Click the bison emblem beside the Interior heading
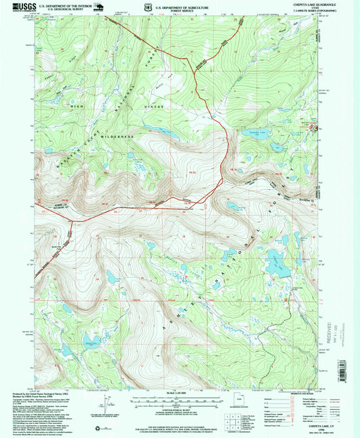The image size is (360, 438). [101, 7]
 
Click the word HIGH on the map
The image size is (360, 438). [73, 106]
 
